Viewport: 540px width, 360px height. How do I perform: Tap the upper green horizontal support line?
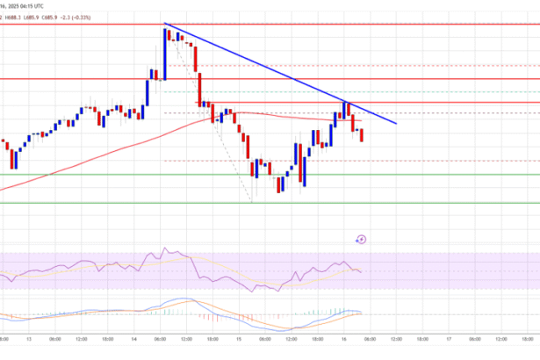click(x=88, y=174)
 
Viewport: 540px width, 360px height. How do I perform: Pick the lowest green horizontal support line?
click(x=88, y=203)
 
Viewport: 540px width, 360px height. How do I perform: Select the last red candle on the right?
click(x=362, y=134)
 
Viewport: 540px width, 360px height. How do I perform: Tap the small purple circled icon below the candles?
click(x=362, y=238)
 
